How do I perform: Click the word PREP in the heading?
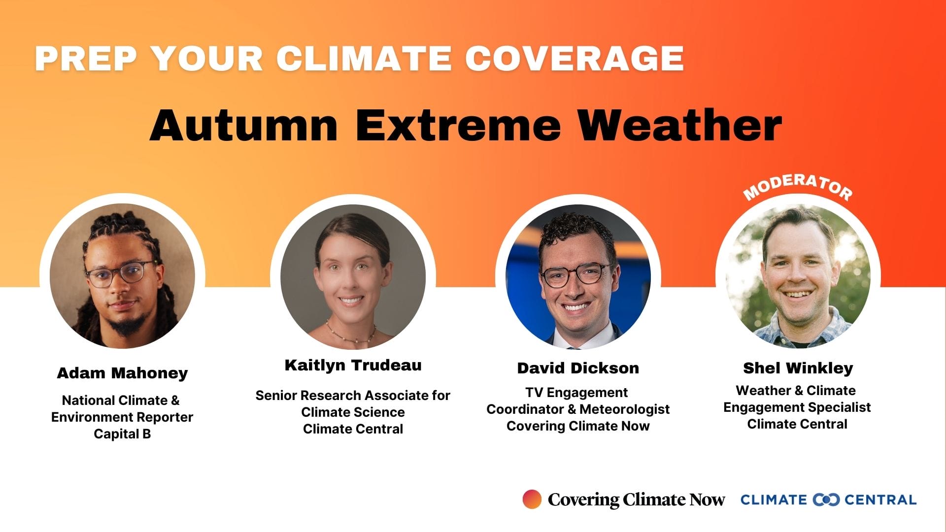click(85, 59)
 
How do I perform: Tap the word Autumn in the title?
click(243, 125)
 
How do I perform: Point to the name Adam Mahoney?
click(122, 373)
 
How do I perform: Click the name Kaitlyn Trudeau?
click(353, 365)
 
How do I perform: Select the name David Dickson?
click(578, 368)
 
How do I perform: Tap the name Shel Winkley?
click(798, 368)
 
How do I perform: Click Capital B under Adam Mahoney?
click(122, 434)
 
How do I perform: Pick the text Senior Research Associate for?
click(353, 396)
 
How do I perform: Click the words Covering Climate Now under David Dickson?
click(578, 426)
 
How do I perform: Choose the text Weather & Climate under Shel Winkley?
click(796, 391)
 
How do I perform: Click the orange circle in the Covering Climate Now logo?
click(532, 499)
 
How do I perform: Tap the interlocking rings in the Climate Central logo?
click(826, 499)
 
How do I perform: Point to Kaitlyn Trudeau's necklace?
click(350, 333)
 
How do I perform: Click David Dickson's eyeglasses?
click(576, 274)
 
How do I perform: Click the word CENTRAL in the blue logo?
click(880, 500)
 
